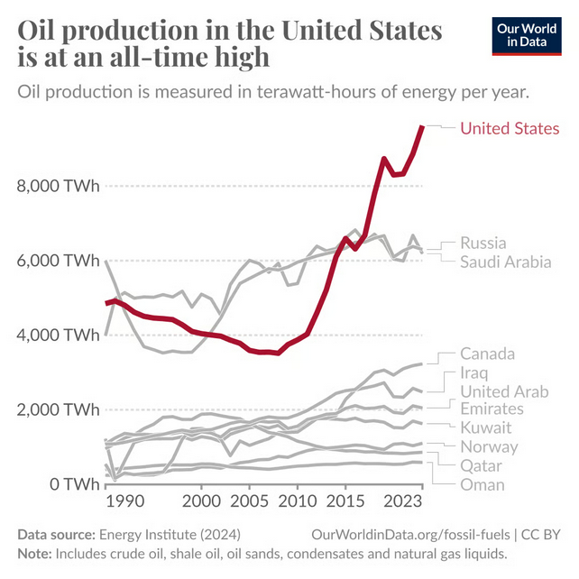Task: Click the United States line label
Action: coord(510,128)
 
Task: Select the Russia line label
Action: coord(482,243)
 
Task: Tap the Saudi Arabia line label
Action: coord(505,262)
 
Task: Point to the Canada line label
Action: coord(487,353)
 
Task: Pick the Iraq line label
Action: coord(473,372)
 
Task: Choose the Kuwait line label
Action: coord(486,427)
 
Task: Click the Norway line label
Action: coord(489,446)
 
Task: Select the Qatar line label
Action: coord(481,465)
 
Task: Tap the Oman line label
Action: coord(482,484)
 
